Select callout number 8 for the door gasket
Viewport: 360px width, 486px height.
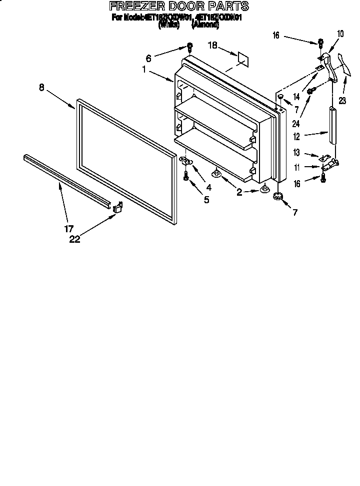[x=41, y=87]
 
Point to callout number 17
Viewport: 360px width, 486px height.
[x=69, y=229]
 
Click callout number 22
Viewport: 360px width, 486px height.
[x=74, y=239]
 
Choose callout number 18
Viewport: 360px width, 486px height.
[x=212, y=46]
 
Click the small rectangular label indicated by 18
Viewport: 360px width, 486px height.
[x=242, y=57]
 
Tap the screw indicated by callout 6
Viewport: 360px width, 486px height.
[x=189, y=48]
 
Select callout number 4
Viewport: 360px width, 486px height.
[x=208, y=188]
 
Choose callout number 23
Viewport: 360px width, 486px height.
[x=343, y=99]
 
